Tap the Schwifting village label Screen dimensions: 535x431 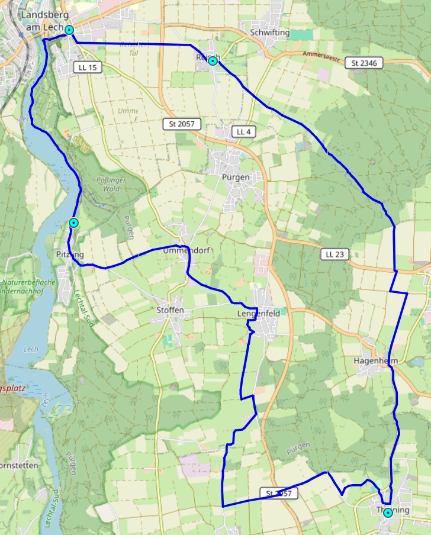click(x=270, y=33)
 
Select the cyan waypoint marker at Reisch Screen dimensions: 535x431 click(x=212, y=61)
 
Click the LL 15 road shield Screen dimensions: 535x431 click(x=88, y=67)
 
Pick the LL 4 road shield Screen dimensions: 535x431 click(x=243, y=131)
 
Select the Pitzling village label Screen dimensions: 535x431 click(x=70, y=254)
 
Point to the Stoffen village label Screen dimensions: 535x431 click(x=171, y=310)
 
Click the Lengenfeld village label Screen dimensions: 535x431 click(x=258, y=313)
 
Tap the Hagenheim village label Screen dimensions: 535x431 click(x=375, y=360)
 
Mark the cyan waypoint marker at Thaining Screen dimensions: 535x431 click(x=388, y=513)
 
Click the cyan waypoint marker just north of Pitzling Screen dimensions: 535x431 click(x=73, y=223)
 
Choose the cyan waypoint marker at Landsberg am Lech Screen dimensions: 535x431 click(x=69, y=30)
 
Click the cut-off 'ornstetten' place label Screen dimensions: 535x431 click(x=19, y=465)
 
